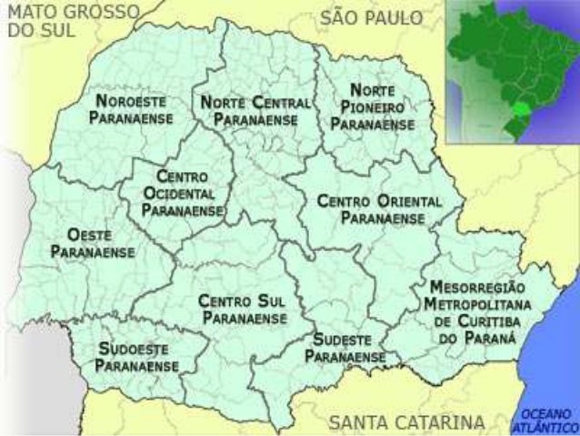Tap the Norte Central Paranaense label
click(x=255, y=110)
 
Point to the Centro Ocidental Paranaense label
click(x=183, y=193)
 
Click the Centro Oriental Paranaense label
click(x=381, y=208)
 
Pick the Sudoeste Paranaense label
click(x=136, y=356)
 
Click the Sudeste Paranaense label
click(x=345, y=347)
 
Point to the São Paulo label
click(x=370, y=17)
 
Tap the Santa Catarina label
click(x=405, y=421)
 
